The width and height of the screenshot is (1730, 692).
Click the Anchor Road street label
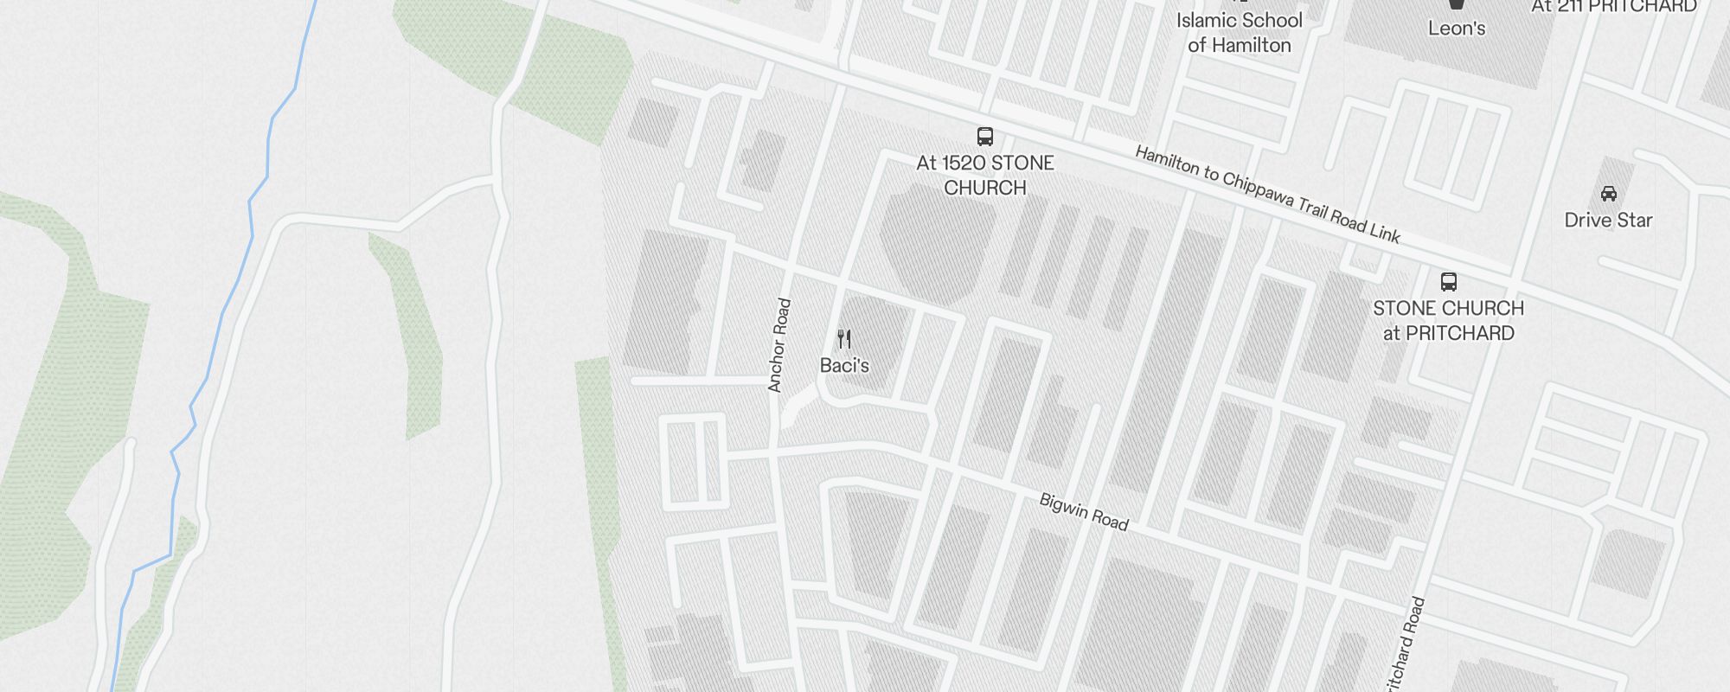coord(779,345)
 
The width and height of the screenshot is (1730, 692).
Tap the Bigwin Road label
coord(1084,511)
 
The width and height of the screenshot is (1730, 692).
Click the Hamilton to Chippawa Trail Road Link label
coord(1267,195)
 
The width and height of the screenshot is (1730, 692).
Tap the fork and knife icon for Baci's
coord(844,338)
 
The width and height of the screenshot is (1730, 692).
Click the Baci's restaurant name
coord(844,366)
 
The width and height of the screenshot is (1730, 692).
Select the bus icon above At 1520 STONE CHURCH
coord(984,136)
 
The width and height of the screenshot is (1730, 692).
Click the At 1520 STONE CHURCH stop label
coord(984,176)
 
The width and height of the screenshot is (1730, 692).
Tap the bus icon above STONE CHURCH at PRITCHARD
coord(1448,281)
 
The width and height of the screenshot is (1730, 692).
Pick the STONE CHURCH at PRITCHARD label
coord(1448,321)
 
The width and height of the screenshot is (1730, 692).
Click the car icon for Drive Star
coord(1608,193)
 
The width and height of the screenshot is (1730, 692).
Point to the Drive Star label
coord(1608,221)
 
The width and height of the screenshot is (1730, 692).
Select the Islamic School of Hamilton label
coord(1239,33)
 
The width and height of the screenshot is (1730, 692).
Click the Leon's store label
coord(1457,29)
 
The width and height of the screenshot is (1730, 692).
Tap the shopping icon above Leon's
coord(1457,4)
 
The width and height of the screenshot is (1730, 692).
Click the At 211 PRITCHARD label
coord(1613,7)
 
